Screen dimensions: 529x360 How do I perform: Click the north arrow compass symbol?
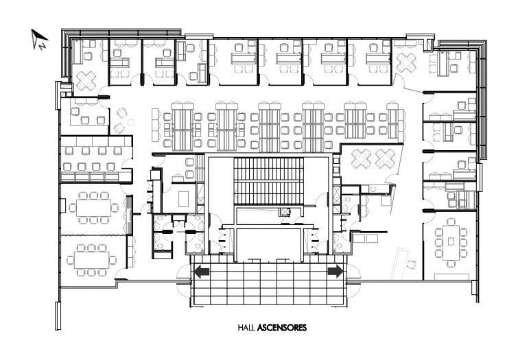[x=39, y=39]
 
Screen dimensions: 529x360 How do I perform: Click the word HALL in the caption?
[x=246, y=328]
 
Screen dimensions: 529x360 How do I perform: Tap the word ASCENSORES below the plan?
[x=282, y=328]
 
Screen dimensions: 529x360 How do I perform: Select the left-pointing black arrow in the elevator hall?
[x=202, y=272]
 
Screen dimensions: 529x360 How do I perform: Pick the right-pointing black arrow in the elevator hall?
[x=336, y=272]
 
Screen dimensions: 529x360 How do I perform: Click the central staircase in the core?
[x=268, y=181]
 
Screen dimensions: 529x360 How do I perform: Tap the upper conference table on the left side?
[x=93, y=208]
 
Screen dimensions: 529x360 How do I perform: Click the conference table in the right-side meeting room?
[x=451, y=242]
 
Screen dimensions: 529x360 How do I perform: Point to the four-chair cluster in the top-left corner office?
[x=86, y=81]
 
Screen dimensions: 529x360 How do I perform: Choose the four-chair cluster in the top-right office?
[x=406, y=62]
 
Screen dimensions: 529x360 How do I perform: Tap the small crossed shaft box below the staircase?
[x=285, y=212]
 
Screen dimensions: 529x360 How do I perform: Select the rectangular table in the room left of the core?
[x=184, y=199]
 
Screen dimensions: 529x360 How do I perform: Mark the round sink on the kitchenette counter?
[x=373, y=189]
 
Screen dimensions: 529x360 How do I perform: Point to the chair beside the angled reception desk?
[x=412, y=265]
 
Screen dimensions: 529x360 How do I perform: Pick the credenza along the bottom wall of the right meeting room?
[x=451, y=277]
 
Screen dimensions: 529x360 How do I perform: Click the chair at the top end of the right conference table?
[x=451, y=221]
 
